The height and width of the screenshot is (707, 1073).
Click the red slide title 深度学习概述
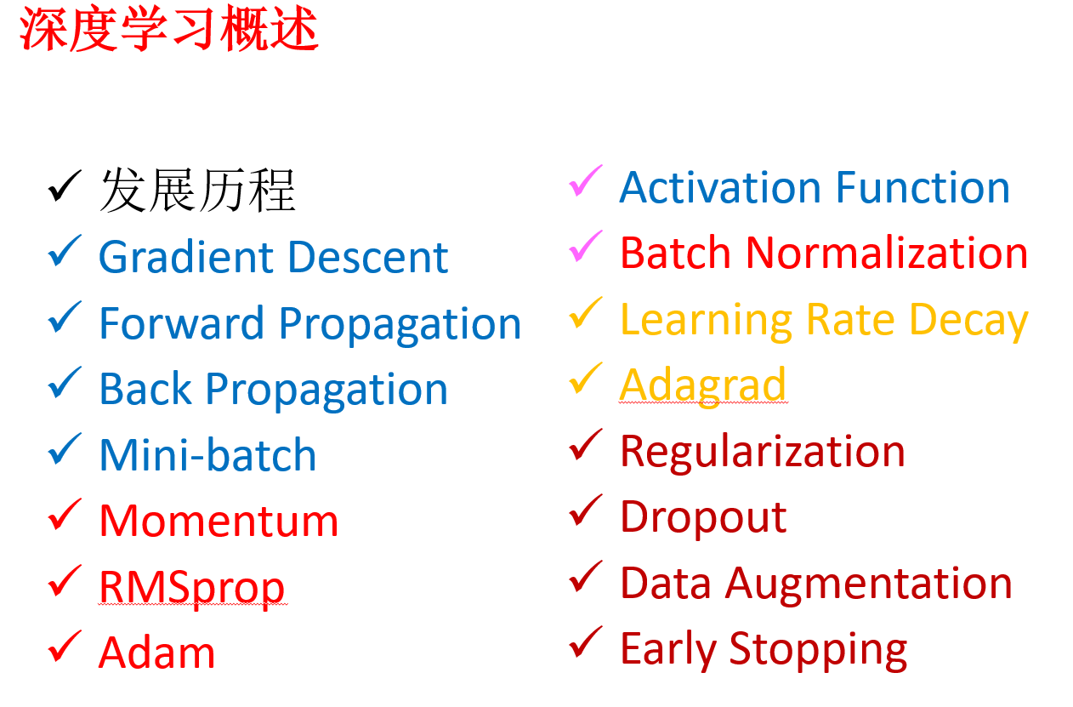169,29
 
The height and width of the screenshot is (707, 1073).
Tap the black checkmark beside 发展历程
65,186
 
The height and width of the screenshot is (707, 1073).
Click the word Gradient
186,258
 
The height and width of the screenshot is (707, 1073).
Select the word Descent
368,258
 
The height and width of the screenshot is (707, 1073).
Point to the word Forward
182,323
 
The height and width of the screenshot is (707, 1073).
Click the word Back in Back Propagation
146,389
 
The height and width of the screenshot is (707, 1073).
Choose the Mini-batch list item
208,454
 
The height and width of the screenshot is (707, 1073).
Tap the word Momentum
219,521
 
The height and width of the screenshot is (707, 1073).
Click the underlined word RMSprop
192,589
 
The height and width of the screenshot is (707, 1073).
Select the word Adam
156,652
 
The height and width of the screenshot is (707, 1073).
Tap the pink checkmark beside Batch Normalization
586,247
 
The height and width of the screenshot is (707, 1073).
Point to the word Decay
968,321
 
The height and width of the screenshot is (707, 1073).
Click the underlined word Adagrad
702,386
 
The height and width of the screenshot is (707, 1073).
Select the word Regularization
763,453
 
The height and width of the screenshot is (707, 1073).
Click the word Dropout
703,518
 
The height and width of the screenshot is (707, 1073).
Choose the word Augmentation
868,584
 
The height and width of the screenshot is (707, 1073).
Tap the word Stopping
818,651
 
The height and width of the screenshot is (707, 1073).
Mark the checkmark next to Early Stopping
586,641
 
